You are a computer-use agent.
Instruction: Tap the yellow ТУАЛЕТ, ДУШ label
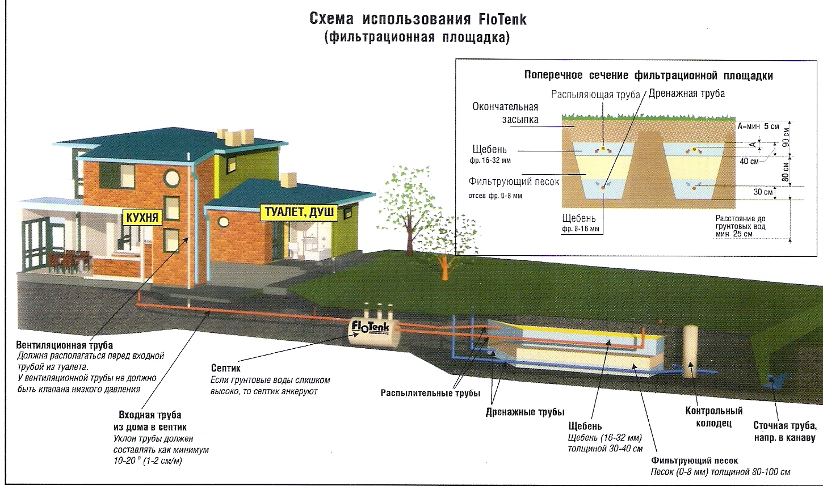(299, 213)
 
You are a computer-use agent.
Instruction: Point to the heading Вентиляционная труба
(65, 345)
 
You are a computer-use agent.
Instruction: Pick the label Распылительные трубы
(430, 393)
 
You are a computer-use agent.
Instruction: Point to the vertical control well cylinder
(690, 352)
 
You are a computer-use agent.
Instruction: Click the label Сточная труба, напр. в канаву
(785, 432)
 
